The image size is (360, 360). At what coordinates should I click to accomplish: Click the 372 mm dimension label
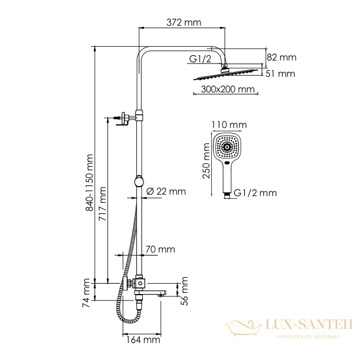tap(184, 23)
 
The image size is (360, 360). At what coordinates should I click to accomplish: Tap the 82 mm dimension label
tap(281, 58)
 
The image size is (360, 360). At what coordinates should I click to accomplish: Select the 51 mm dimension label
tap(281, 74)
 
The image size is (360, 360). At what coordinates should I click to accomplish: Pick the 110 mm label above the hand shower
tap(229, 125)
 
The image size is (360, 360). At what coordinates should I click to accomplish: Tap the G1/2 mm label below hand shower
tap(255, 193)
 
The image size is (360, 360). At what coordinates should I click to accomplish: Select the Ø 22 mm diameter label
tap(166, 191)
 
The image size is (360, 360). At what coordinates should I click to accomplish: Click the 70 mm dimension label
tap(160, 249)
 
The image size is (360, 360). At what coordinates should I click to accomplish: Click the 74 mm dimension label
tap(88, 290)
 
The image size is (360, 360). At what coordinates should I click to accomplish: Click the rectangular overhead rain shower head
tap(227, 76)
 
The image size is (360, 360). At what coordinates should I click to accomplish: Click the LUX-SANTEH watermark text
tap(306, 325)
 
